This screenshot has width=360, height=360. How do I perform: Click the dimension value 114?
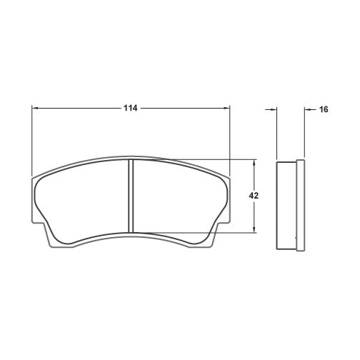(129, 109)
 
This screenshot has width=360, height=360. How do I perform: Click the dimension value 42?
(254, 196)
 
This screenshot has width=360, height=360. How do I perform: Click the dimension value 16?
(323, 109)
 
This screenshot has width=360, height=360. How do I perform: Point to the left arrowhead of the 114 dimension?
(36, 109)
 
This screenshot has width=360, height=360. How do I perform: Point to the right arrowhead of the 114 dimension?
(227, 109)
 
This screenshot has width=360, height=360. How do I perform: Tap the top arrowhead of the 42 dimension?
(254, 161)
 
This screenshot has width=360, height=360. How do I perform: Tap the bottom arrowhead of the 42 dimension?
(254, 230)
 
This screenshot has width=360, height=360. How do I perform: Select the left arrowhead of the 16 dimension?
(274, 109)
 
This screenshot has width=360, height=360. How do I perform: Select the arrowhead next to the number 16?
(308, 109)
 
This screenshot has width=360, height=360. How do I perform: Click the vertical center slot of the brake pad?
(131, 195)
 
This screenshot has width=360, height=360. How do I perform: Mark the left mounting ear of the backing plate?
(49, 236)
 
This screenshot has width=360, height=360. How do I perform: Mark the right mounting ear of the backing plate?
(214, 236)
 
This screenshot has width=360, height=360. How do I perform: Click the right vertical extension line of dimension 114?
(230, 139)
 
